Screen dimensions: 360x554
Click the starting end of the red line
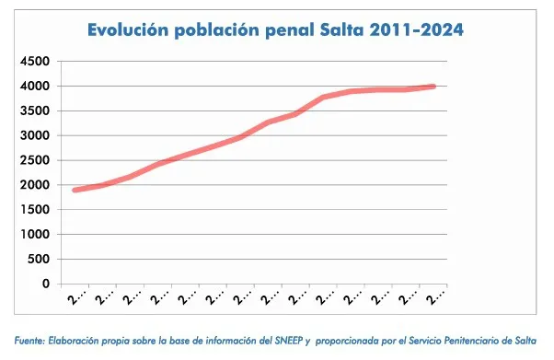(x=75, y=190)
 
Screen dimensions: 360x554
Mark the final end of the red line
(x=433, y=87)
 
